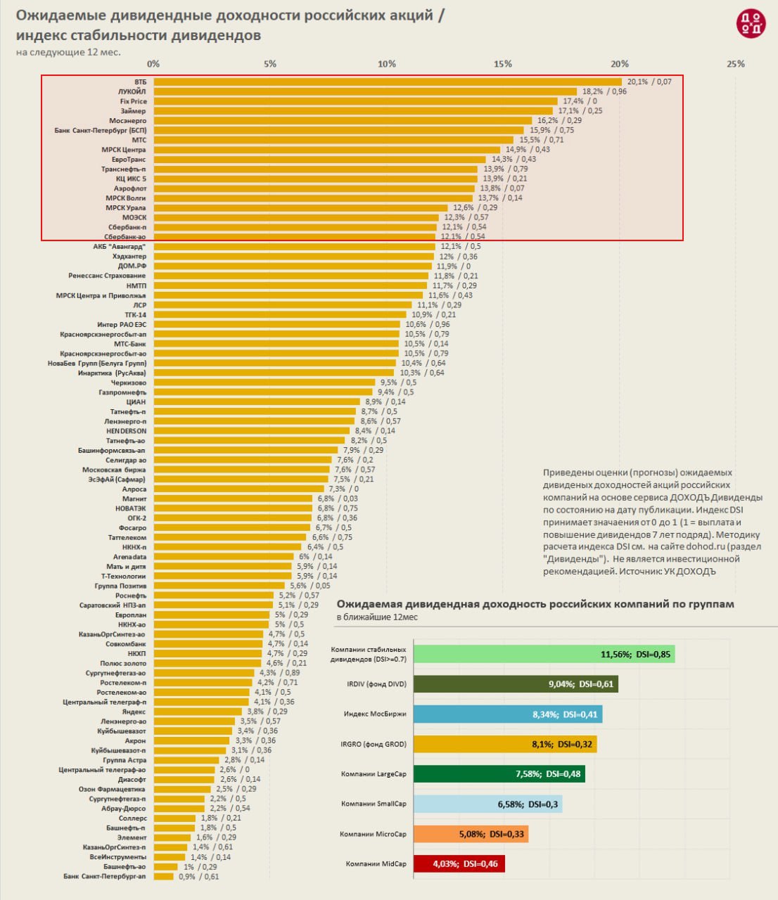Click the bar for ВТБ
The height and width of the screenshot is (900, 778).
click(x=387, y=82)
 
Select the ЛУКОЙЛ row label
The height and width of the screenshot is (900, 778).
click(x=132, y=91)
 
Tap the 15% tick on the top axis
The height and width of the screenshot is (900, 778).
click(x=502, y=64)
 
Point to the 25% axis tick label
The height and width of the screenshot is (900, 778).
click(x=735, y=64)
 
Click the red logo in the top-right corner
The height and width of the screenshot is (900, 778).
click(x=750, y=24)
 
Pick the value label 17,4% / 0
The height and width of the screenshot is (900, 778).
click(x=580, y=101)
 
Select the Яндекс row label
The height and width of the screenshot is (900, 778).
click(x=134, y=712)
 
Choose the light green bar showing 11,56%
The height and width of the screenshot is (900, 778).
click(x=544, y=654)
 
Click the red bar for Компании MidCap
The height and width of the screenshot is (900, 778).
click(x=459, y=863)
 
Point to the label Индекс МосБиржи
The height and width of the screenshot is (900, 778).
click(x=375, y=714)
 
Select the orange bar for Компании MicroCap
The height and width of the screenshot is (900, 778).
click(x=471, y=834)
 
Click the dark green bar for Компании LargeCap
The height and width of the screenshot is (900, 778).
click(x=499, y=774)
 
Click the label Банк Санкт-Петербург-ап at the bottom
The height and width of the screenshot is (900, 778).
click(x=105, y=877)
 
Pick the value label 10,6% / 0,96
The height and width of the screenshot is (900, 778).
click(x=427, y=325)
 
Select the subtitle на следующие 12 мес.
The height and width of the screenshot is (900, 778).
click(x=68, y=53)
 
